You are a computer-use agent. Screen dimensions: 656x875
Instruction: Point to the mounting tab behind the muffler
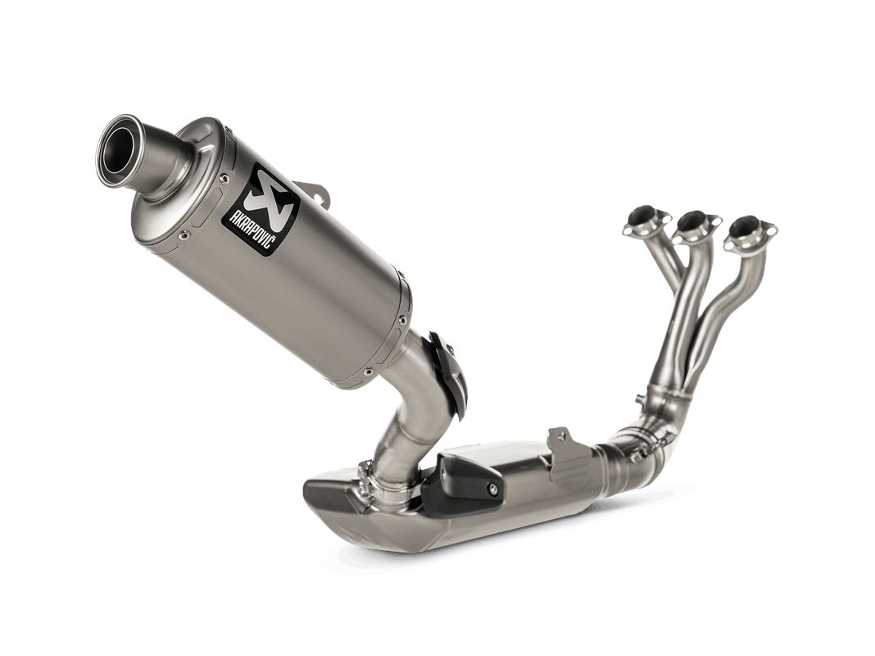click(314, 192)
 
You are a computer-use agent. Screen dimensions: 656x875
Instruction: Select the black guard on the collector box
click(464, 485)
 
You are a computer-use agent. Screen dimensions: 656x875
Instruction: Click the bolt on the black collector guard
click(491, 490)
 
